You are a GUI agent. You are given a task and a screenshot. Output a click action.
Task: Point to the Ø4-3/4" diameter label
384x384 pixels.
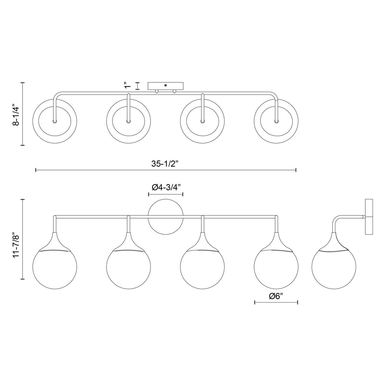click(165, 187)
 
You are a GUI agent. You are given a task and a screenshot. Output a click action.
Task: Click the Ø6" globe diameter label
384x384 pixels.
click(276, 296)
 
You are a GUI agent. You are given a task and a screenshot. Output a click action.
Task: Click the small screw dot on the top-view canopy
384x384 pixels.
click(165, 85)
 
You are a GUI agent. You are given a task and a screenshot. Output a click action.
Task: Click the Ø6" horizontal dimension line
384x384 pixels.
click(276, 303)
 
